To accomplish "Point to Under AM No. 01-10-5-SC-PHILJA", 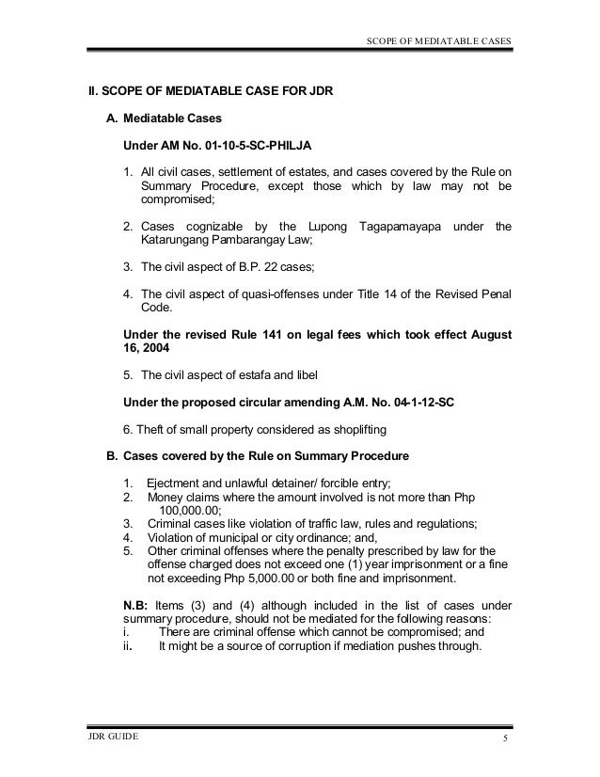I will [217, 146].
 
